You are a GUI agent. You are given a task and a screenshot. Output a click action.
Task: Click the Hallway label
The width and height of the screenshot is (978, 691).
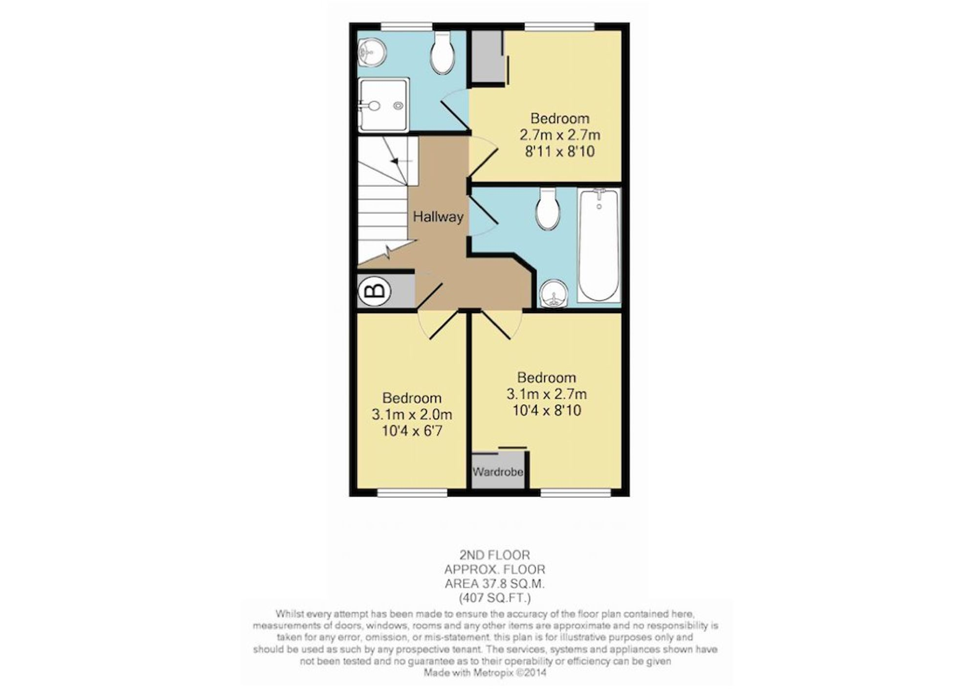pyautogui.click(x=438, y=217)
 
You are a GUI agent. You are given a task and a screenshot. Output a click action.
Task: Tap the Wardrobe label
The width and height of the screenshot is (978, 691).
pyautogui.click(x=498, y=472)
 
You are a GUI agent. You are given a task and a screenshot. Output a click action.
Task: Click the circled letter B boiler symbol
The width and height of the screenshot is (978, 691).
pyautogui.click(x=375, y=291)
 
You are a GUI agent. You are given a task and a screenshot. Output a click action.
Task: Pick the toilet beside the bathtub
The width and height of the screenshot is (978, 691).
pyautogui.click(x=548, y=209)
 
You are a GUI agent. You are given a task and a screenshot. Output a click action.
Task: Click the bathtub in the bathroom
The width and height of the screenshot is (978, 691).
pyautogui.click(x=599, y=245)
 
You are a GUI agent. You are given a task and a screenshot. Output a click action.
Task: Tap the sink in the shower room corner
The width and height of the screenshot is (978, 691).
pyautogui.click(x=371, y=52)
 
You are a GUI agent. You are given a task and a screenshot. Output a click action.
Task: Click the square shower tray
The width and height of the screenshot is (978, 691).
pyautogui.click(x=383, y=105)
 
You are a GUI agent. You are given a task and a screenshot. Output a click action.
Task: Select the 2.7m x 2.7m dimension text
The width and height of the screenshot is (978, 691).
pyautogui.click(x=560, y=135)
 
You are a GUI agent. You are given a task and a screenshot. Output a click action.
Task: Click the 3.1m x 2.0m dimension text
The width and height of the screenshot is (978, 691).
pyautogui.click(x=412, y=415)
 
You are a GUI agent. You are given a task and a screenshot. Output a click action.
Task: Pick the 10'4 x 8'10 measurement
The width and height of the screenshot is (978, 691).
pyautogui.click(x=547, y=410)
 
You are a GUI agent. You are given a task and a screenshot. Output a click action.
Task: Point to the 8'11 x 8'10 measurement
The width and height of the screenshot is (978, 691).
pyautogui.click(x=560, y=151)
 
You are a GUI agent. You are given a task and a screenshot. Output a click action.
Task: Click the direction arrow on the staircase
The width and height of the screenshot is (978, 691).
pyautogui.click(x=400, y=160)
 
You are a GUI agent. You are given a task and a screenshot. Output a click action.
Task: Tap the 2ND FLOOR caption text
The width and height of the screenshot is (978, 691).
pyautogui.click(x=494, y=555)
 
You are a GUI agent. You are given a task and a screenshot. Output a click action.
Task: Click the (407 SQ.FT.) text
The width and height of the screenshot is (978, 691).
pyautogui.click(x=494, y=598)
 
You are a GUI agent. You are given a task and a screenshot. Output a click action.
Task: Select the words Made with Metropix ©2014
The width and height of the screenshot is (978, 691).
pyautogui.click(x=485, y=673)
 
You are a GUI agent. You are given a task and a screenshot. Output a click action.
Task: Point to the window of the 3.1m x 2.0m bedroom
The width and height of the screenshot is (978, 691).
pyautogui.click(x=412, y=492)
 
